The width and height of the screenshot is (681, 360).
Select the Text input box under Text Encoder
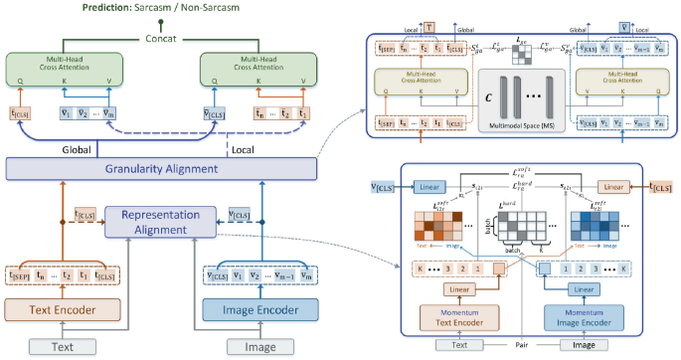coord(60,346)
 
